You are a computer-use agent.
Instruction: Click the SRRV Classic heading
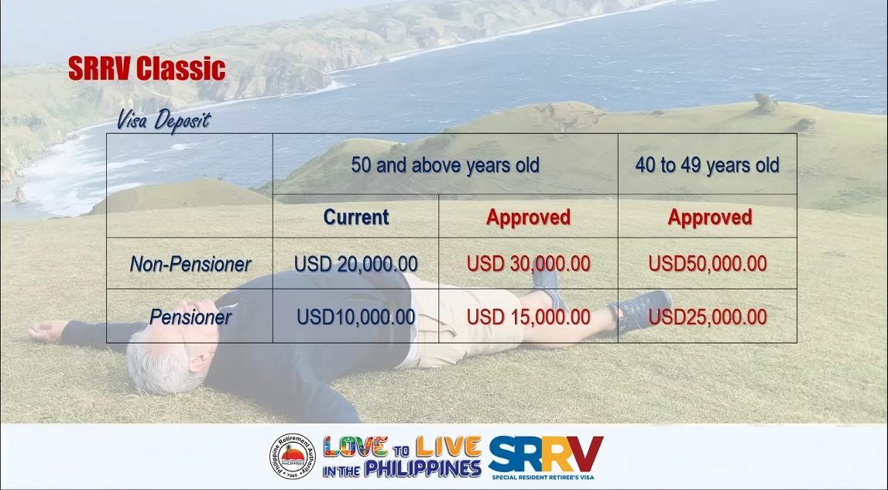click(146, 69)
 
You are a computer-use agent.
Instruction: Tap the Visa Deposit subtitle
click(163, 121)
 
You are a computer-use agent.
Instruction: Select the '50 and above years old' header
click(445, 166)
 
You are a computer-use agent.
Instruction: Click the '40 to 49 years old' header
click(708, 166)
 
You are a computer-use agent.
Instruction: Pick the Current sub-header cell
click(356, 217)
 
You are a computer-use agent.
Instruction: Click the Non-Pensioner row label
click(190, 264)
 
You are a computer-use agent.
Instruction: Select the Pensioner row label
click(190, 317)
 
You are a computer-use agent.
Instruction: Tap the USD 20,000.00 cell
click(355, 264)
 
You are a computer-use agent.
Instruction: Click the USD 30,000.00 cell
click(528, 264)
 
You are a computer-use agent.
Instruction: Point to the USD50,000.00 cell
click(708, 264)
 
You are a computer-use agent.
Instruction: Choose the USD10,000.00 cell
click(355, 317)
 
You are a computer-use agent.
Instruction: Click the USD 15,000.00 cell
click(528, 317)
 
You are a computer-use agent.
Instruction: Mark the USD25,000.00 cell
click(708, 317)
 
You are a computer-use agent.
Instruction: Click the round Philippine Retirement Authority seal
click(292, 457)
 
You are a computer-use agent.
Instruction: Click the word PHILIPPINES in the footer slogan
click(423, 468)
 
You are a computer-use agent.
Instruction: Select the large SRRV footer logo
click(545, 454)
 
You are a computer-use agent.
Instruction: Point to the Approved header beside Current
click(528, 217)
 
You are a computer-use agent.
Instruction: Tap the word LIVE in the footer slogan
click(448, 447)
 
